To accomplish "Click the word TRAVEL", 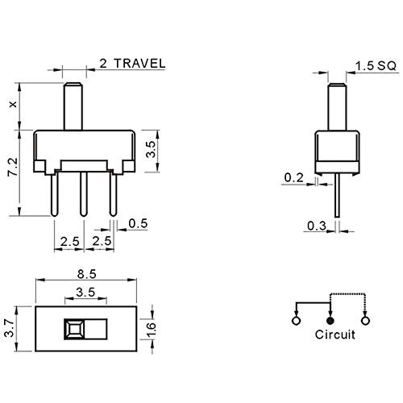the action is (x=139, y=64).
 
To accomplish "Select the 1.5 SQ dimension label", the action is (x=376, y=65).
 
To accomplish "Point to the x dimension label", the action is (x=13, y=105).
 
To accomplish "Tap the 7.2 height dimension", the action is (x=13, y=168).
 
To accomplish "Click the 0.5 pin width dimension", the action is (x=138, y=223).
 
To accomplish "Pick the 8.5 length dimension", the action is (x=86, y=274).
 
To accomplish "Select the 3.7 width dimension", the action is (x=10, y=328).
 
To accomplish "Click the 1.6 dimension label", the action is (x=151, y=329).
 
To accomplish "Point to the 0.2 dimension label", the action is (x=293, y=177).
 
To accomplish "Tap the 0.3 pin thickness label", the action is (x=317, y=226).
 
